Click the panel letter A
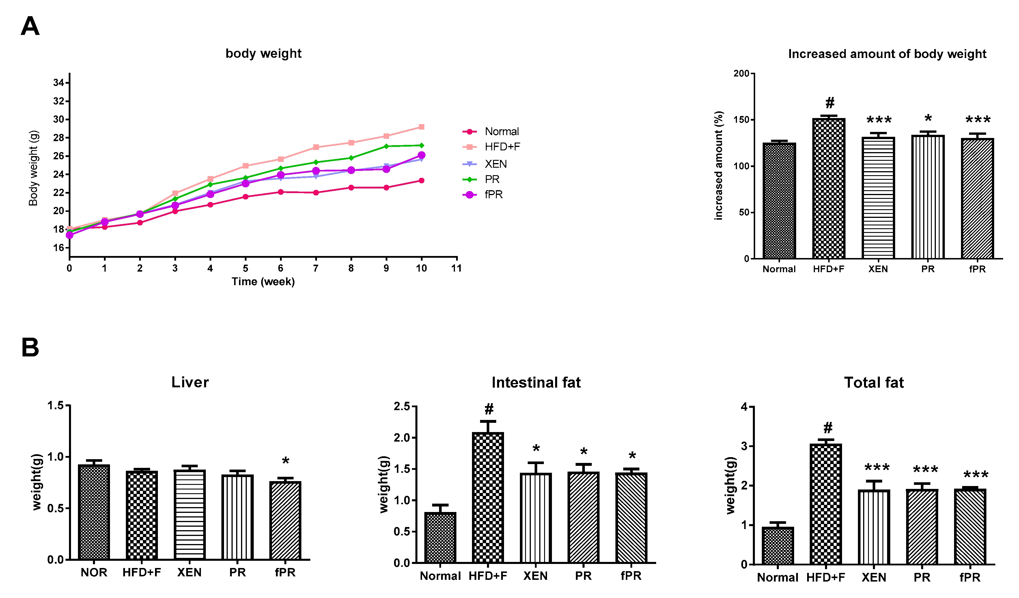(30, 27)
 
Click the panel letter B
(30, 348)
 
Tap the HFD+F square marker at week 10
(421, 127)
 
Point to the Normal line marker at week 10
(421, 181)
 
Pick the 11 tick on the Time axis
(456, 268)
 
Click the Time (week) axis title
(263, 282)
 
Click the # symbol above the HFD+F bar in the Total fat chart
(828, 428)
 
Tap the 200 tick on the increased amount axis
(741, 74)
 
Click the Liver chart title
(190, 382)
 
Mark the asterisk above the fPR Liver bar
(285, 461)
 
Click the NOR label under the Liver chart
(94, 573)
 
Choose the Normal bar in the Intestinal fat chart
(440, 537)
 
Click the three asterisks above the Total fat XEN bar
(877, 468)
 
